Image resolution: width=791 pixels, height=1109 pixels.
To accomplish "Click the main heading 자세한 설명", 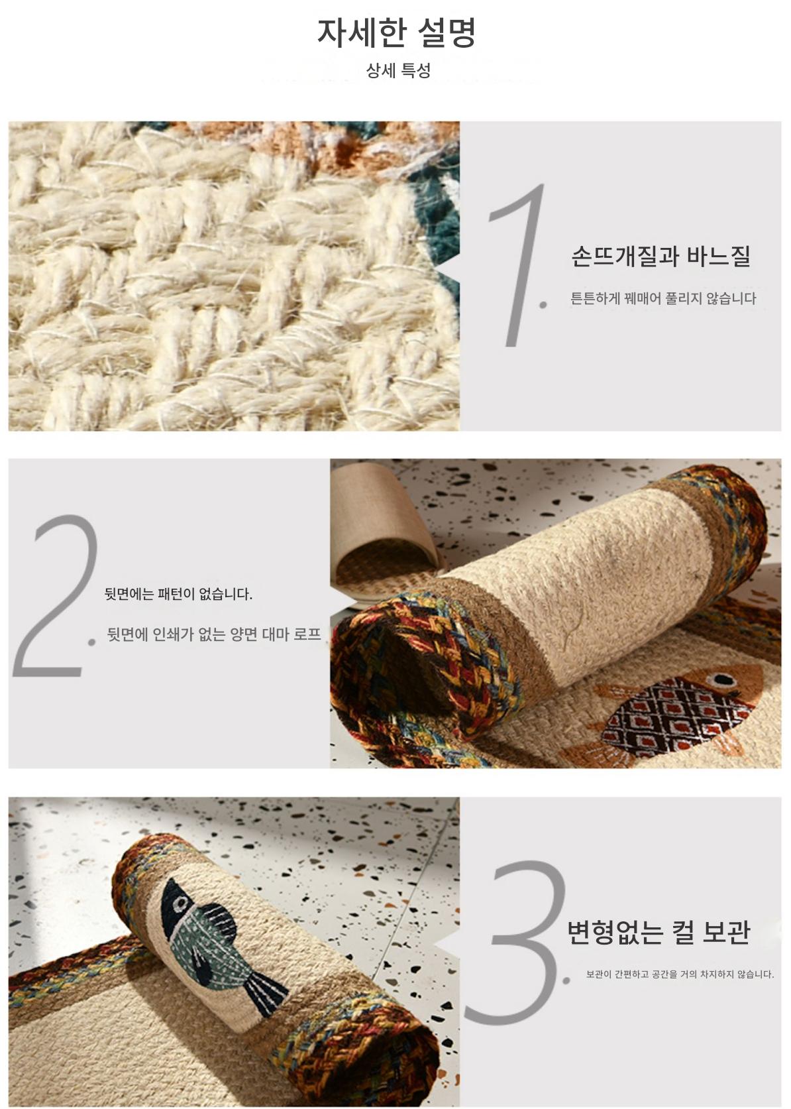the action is pyautogui.click(x=396, y=33).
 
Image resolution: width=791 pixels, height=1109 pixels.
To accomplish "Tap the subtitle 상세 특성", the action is pyautogui.click(x=398, y=70).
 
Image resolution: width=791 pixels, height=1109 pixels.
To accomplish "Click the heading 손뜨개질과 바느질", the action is pyautogui.click(x=661, y=256).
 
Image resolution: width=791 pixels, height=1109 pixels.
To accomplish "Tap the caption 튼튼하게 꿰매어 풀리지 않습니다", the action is pyautogui.click(x=663, y=298).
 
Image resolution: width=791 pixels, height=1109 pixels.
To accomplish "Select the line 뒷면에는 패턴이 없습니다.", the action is pyautogui.click(x=178, y=594).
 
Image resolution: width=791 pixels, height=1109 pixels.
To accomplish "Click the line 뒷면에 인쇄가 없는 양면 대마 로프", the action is pyautogui.click(x=214, y=634).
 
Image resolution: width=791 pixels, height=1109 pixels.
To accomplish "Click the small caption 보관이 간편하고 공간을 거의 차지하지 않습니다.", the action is pyautogui.click(x=680, y=974).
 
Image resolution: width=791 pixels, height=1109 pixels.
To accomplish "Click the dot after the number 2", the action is pyautogui.click(x=91, y=642).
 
